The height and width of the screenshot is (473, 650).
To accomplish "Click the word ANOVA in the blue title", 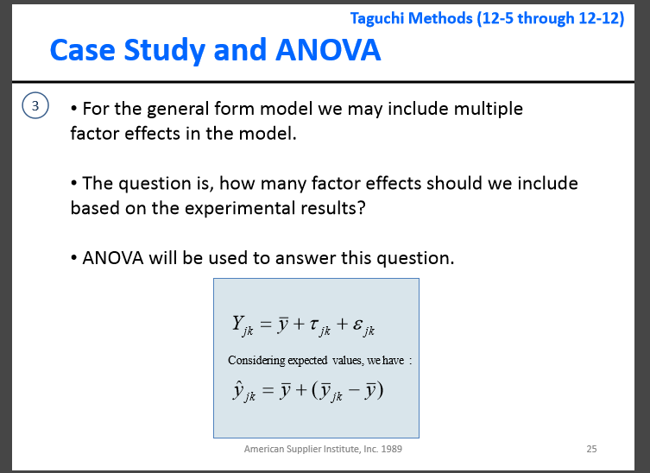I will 328,50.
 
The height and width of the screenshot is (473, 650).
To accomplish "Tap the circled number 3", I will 35,107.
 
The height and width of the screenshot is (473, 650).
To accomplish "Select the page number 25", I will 591,449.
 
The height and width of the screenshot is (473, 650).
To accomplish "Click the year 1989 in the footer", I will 390,449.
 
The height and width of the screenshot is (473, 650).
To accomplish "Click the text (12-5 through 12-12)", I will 550,18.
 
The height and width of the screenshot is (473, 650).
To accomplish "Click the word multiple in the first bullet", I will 488,109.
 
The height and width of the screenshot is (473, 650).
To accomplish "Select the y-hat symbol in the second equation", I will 242,393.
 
